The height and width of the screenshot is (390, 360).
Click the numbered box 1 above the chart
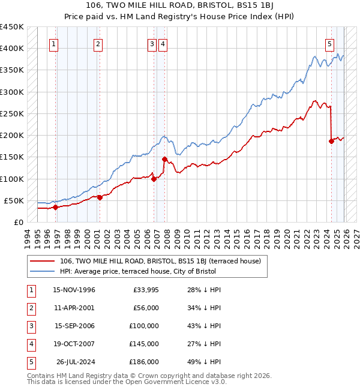tap(54, 43)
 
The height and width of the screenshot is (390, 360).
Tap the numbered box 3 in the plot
tap(152, 43)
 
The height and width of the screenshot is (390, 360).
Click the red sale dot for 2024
tap(331, 142)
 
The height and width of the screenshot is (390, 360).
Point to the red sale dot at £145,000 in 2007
tap(164, 159)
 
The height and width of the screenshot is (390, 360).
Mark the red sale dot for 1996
tap(55, 208)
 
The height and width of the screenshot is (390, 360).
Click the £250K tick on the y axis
tap(12, 113)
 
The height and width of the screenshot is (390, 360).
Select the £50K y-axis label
tap(14, 200)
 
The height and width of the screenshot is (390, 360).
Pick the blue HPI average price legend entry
tap(137, 271)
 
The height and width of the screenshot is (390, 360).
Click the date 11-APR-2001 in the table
tap(74, 308)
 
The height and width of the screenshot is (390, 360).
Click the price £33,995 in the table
tap(144, 290)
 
